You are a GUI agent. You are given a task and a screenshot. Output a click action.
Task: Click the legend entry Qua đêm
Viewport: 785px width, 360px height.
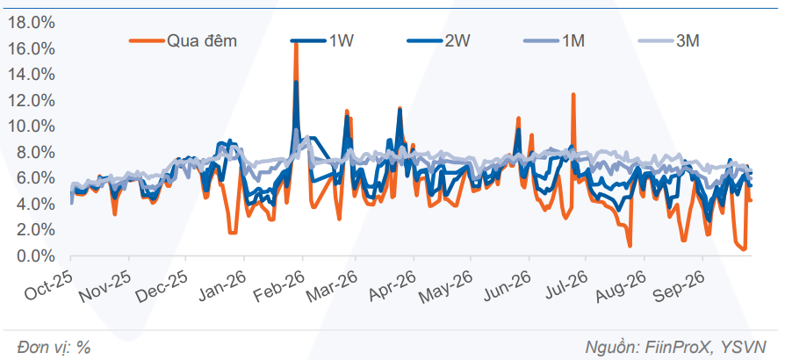[x=184, y=41]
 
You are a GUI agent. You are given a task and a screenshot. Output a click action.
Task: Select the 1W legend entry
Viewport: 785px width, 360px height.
[x=322, y=41]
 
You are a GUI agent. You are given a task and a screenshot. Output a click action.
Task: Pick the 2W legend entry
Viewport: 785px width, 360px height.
[x=438, y=41]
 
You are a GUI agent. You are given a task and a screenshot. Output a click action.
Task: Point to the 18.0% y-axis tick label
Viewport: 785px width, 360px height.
[x=31, y=23]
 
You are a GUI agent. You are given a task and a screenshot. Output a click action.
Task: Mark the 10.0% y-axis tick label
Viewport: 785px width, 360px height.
[x=31, y=126]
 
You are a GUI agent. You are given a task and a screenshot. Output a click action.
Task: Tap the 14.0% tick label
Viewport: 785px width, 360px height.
[x=31, y=75]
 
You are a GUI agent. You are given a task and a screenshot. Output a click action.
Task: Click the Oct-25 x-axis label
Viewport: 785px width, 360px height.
[x=48, y=284]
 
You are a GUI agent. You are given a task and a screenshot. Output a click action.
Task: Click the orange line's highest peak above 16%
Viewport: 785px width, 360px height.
[x=296, y=44]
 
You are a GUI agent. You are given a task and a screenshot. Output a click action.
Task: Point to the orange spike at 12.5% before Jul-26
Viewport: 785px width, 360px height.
[x=573, y=94]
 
